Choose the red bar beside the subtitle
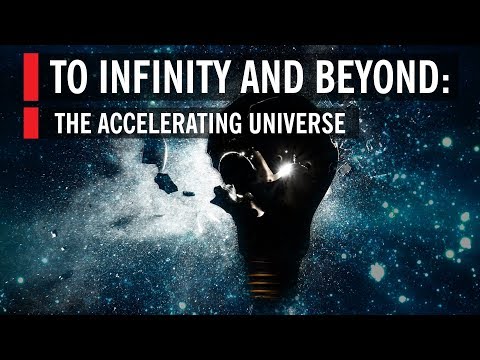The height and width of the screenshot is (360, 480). [x=31, y=122]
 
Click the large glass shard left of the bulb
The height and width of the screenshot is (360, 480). [x=165, y=183]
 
